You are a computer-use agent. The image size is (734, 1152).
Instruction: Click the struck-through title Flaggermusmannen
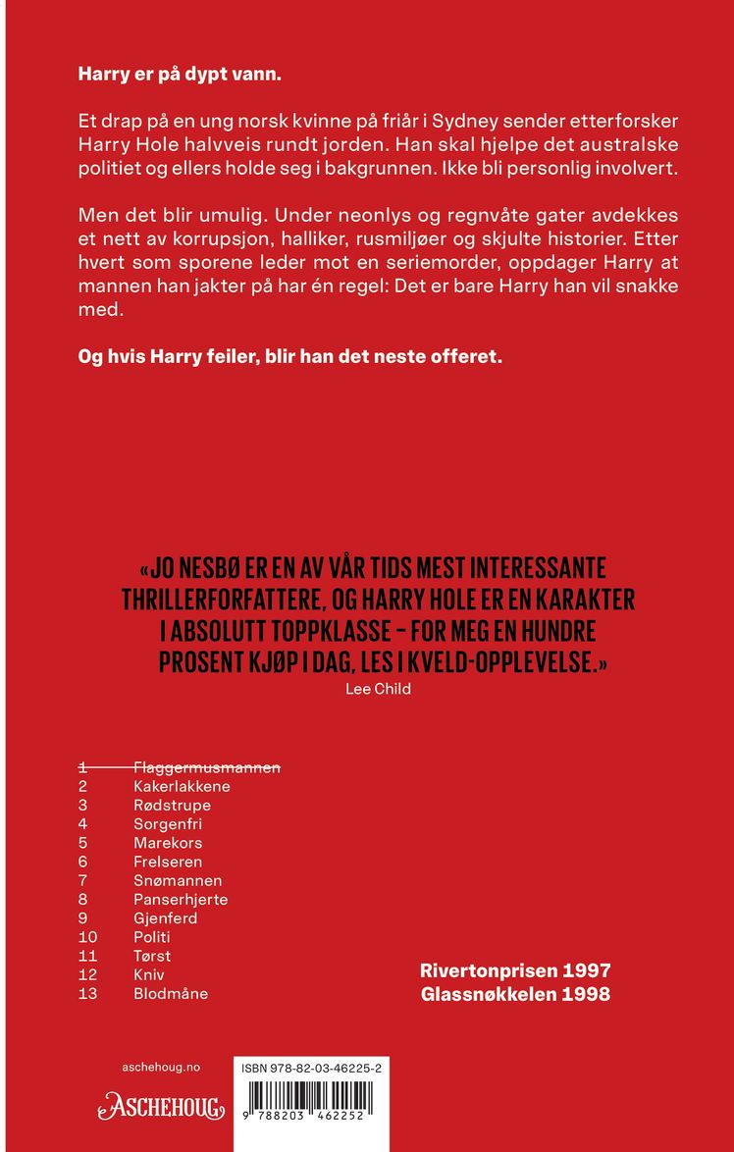(x=206, y=767)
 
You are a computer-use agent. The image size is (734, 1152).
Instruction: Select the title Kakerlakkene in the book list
(x=182, y=786)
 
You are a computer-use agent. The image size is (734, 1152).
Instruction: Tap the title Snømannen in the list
(x=178, y=880)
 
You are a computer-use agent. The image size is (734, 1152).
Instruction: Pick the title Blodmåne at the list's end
(x=171, y=993)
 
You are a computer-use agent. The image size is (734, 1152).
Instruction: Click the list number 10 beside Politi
(x=88, y=937)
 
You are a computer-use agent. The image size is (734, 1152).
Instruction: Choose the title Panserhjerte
(x=181, y=899)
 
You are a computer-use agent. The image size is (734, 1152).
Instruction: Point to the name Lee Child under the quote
(x=378, y=689)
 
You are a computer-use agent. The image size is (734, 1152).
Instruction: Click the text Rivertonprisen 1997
(x=515, y=970)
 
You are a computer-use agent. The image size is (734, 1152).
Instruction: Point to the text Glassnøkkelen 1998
(x=515, y=994)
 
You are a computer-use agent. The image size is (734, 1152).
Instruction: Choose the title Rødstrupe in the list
(x=172, y=805)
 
